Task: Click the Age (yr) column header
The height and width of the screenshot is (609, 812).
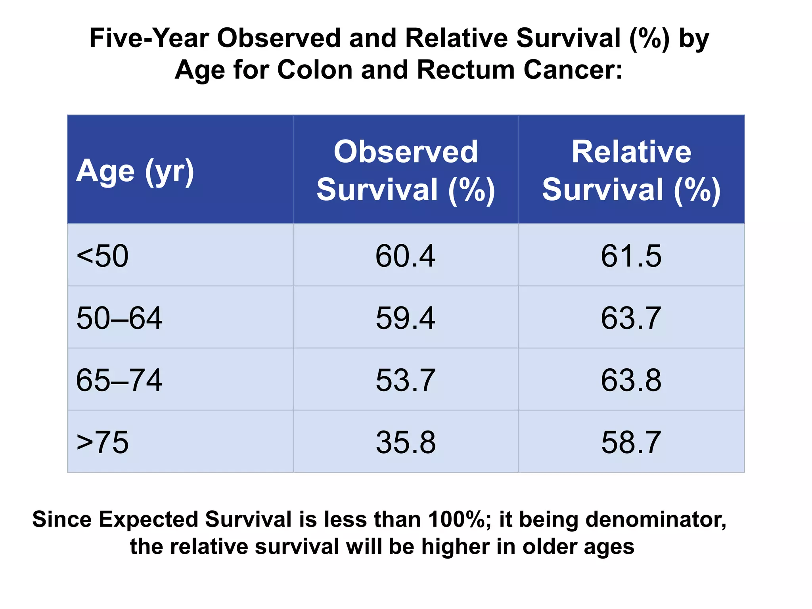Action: (x=135, y=171)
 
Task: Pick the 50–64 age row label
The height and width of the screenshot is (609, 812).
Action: (x=119, y=318)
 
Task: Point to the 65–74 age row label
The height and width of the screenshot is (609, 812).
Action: (x=119, y=380)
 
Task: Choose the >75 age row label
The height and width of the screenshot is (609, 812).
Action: (x=102, y=442)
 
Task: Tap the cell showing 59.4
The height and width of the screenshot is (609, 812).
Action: (x=405, y=318)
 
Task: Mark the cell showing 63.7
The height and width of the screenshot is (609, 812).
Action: (x=631, y=318)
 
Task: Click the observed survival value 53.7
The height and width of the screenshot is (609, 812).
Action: (x=405, y=380)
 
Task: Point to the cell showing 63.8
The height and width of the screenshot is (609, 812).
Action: (x=631, y=380)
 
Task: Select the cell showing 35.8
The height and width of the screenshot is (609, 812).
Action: (x=406, y=442)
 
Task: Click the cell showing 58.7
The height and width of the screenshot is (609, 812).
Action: (x=631, y=442)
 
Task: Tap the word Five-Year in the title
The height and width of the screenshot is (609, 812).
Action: (x=149, y=38)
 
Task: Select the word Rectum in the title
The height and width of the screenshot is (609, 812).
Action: (x=465, y=70)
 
